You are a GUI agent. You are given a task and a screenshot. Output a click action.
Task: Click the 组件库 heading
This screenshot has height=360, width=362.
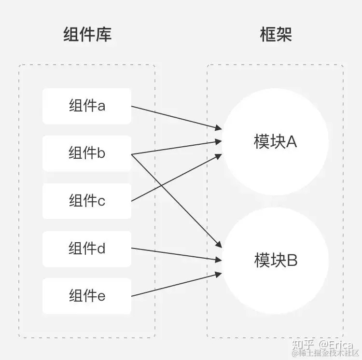click(87, 35)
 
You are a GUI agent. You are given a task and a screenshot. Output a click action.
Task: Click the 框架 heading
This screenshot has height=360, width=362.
click(276, 35)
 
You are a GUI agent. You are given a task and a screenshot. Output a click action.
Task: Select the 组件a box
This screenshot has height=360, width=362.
click(87, 106)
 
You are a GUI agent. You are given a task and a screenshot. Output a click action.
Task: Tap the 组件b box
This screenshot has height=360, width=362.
click(87, 153)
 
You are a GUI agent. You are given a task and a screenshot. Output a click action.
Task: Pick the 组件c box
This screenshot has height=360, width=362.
click(87, 201)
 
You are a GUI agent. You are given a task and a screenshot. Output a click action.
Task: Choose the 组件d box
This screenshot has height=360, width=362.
click(87, 249)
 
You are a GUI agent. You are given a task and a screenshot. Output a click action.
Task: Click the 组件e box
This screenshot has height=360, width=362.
click(87, 295)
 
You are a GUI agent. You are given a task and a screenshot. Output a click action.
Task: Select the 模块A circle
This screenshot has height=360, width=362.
click(275, 142)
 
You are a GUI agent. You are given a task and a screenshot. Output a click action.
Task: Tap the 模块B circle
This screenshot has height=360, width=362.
click(275, 261)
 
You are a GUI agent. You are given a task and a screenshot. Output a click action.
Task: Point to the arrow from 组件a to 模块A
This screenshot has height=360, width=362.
click(176, 117)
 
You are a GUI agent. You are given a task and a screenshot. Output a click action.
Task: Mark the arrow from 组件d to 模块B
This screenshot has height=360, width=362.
click(176, 255)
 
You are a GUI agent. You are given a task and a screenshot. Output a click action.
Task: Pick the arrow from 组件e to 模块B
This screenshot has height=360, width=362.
click(176, 285)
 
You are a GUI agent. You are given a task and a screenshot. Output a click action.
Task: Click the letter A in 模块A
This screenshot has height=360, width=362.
click(291, 142)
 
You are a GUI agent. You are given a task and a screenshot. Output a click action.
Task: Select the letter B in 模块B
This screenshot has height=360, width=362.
click(292, 261)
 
